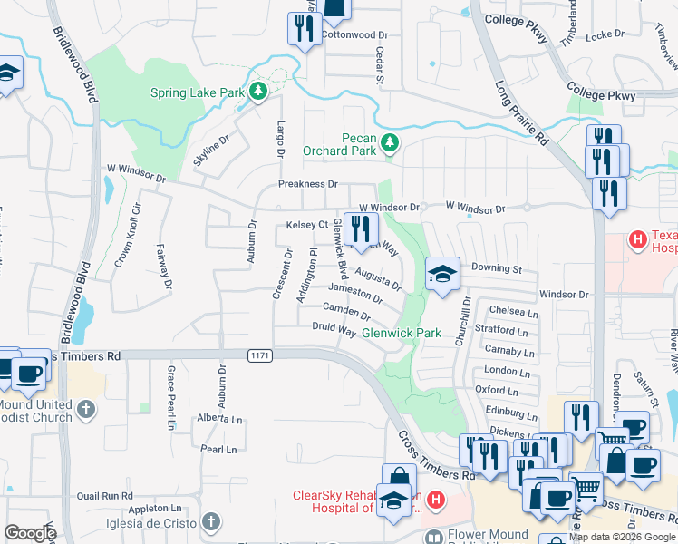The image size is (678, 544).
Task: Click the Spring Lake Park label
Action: [197, 92]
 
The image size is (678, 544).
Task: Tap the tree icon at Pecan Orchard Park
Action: [390, 142]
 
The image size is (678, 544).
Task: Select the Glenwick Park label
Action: [401, 333]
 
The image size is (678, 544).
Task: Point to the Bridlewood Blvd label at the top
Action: [73, 63]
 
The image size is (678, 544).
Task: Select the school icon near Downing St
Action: [441, 273]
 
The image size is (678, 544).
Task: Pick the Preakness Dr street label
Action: [307, 184]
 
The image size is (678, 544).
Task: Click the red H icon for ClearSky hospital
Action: [436, 500]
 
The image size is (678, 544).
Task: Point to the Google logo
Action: [30, 533]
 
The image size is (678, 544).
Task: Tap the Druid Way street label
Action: [334, 329]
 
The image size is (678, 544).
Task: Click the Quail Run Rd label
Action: [105, 496]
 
